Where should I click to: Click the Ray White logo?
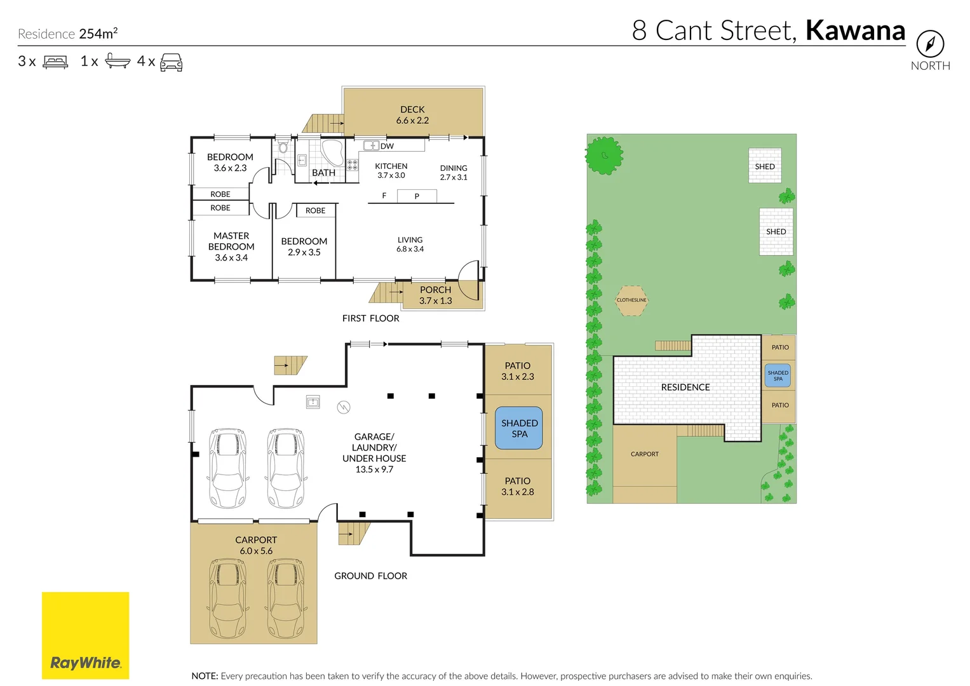click(x=85, y=635)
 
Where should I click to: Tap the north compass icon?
click(x=930, y=44)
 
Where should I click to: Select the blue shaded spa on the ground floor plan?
click(x=519, y=428)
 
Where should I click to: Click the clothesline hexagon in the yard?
click(x=631, y=300)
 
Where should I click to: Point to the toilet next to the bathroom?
click(x=283, y=147)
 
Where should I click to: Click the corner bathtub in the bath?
click(x=333, y=152)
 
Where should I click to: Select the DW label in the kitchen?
click(x=387, y=146)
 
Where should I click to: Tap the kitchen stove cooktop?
click(x=353, y=165)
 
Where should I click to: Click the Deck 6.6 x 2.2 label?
click(x=412, y=115)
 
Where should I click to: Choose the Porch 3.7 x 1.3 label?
click(x=436, y=295)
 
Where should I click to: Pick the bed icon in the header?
click(x=55, y=62)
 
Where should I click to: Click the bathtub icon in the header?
click(x=118, y=60)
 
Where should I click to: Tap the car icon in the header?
click(x=171, y=62)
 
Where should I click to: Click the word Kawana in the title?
click(x=855, y=30)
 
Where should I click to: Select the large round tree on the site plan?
click(x=604, y=156)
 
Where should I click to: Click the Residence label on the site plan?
click(x=685, y=387)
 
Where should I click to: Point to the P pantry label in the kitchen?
click(x=417, y=196)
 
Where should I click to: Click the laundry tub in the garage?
click(x=313, y=402)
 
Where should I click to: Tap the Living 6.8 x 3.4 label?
click(x=410, y=245)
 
